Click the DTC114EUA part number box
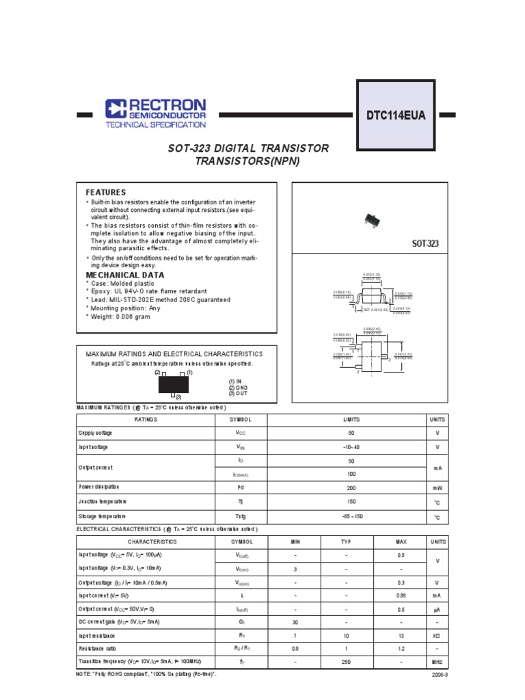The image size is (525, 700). [x=395, y=116]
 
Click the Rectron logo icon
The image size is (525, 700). [x=116, y=109]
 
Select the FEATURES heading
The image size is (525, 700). [x=105, y=193]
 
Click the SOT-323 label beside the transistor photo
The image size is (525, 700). [x=424, y=243]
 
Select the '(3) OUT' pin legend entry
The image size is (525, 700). [x=239, y=394]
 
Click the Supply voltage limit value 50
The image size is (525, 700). [x=352, y=433]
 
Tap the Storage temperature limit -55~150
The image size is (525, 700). [x=352, y=517]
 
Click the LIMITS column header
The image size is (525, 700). [x=352, y=420]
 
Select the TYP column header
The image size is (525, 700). [x=346, y=541]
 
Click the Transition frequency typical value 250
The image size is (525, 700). [x=346, y=662]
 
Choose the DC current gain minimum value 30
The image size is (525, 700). [x=295, y=622]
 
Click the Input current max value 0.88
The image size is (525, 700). [x=401, y=595]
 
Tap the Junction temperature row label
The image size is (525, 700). [x=103, y=502]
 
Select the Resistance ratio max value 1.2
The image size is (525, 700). [x=401, y=649]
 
